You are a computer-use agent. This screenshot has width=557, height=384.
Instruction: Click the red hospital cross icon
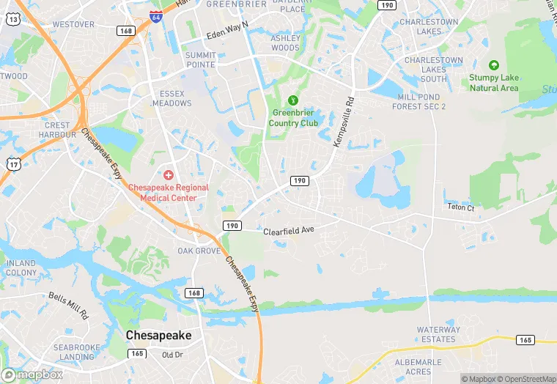coord(169,175)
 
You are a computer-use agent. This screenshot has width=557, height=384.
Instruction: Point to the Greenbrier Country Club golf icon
coord(294,100)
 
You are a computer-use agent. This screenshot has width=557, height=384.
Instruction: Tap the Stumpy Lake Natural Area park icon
coord(493,66)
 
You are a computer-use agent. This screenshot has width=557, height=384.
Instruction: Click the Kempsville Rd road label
coord(344,122)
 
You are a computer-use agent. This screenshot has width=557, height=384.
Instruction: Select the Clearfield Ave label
coord(289,230)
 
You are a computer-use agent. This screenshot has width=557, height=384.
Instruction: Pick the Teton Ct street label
coord(461,207)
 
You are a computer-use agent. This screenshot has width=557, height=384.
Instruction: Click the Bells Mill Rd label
coord(68,306)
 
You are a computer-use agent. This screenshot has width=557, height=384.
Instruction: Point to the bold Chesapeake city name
coord(158,335)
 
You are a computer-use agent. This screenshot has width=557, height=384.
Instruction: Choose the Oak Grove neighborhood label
coord(199,251)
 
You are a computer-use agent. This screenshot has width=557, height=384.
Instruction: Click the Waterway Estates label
coord(438,334)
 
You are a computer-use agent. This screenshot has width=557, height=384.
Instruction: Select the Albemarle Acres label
coord(418,366)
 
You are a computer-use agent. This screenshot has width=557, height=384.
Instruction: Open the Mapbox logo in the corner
coord(32,374)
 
